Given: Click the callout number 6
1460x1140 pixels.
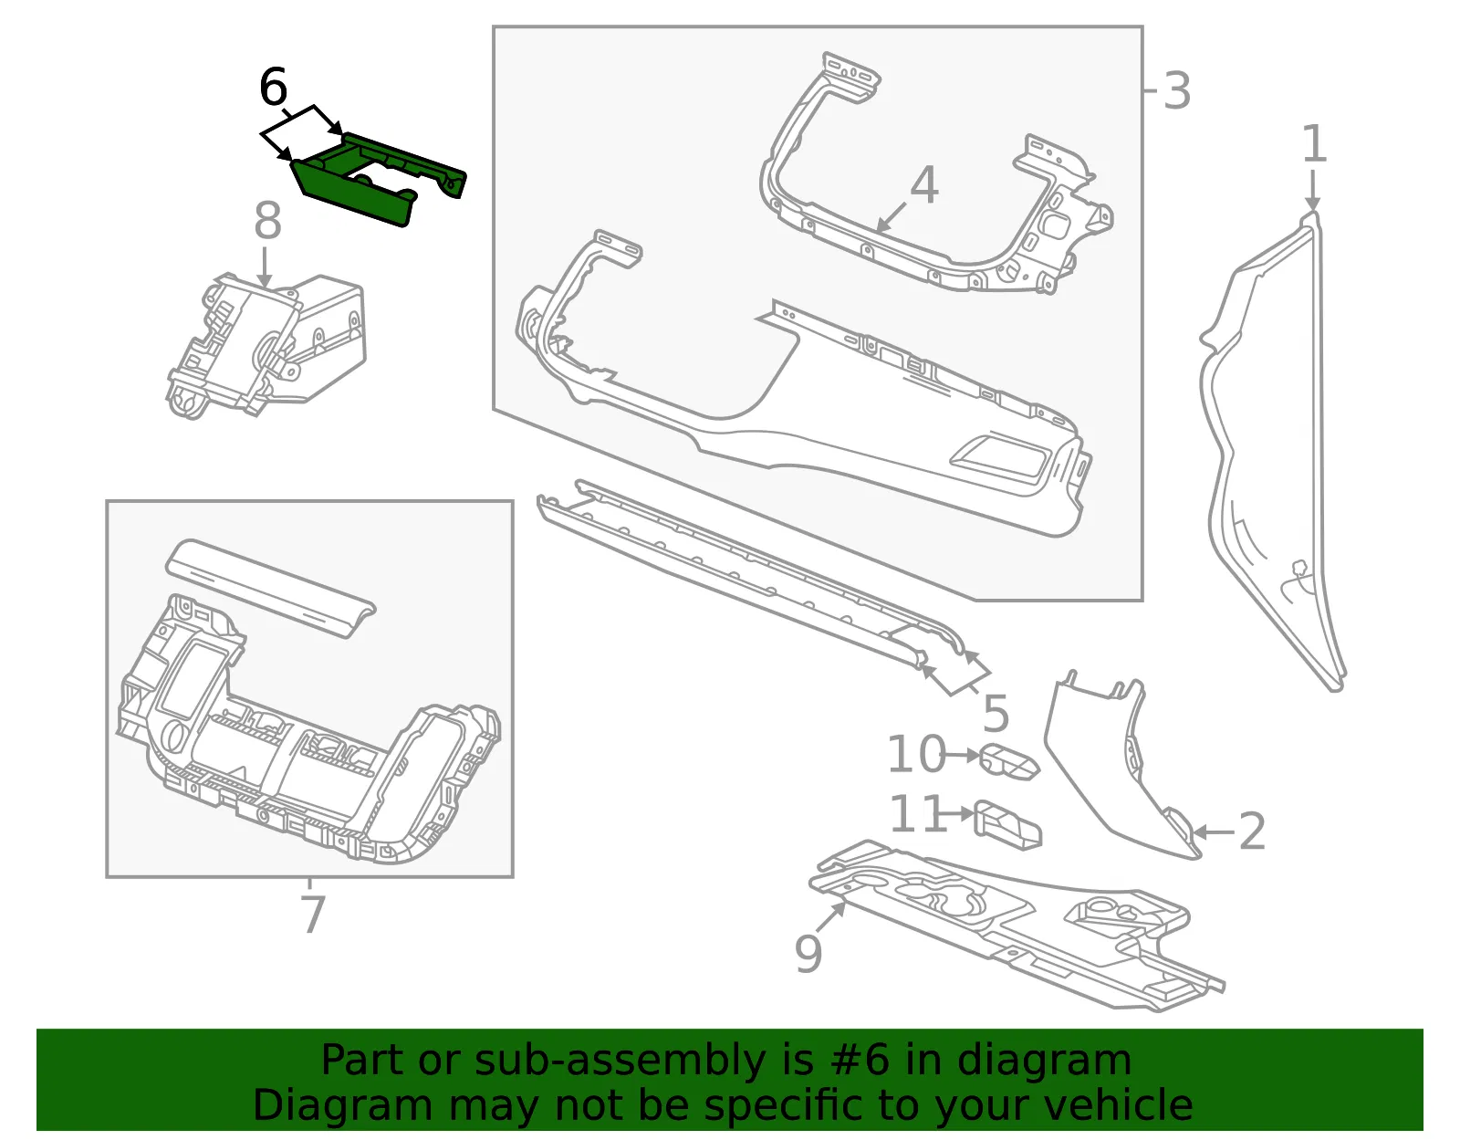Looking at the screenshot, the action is tap(274, 87).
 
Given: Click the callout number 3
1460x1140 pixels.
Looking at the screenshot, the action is tap(1177, 91).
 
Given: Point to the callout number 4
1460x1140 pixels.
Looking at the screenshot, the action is tap(924, 184).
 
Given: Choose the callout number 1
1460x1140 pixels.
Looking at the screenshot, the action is tap(1315, 143).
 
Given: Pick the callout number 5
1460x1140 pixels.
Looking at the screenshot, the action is tap(996, 714).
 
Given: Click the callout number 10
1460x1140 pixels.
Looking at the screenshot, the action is tap(917, 755).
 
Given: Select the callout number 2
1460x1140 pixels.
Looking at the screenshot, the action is tap(1252, 831).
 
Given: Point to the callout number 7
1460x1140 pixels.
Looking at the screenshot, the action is tap(313, 915).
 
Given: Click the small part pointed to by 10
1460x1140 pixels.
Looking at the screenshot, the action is tap(1009, 762).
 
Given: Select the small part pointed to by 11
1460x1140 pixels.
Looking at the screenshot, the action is tap(1007, 826).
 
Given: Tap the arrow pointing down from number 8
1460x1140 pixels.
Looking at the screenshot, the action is tap(265, 267).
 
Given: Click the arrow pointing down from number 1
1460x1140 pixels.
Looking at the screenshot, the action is tap(1313, 190).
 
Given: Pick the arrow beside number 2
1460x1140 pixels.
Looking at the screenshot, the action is tap(1215, 833).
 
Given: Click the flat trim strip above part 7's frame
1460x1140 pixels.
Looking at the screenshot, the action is tap(271, 589).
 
